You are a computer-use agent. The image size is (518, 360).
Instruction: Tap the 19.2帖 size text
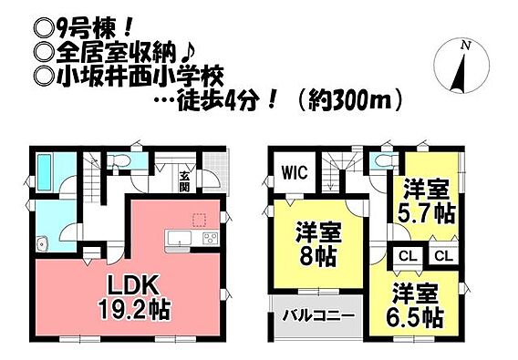coord(133,310)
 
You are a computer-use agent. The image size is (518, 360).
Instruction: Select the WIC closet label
coord(295,172)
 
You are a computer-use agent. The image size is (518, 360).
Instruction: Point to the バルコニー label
coord(318,316)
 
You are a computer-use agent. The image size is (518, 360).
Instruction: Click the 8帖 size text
coord(317,256)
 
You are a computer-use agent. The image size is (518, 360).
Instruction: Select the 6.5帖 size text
coord(414,316)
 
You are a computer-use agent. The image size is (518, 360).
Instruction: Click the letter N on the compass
coord(466,46)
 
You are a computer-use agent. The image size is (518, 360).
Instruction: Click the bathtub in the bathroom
coord(45,173)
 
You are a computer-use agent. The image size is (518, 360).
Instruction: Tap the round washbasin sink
coord(42,244)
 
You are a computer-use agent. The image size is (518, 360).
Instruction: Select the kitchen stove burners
coord(211,238)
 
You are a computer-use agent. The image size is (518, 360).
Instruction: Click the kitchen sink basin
coord(180,238)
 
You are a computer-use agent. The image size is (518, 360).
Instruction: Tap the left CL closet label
coord(409,256)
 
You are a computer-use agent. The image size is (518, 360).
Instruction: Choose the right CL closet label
coord(443,256)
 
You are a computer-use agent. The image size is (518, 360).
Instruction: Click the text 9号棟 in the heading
coord(86,32)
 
